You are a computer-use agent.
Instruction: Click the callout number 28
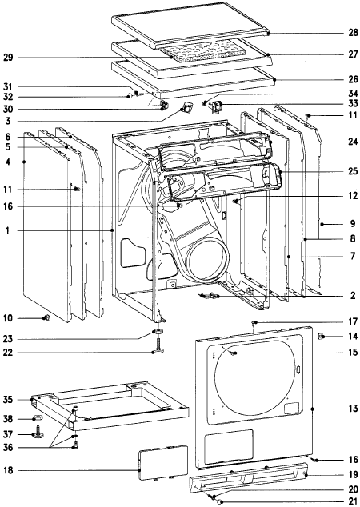click(353, 32)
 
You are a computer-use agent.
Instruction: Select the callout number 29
click(8, 58)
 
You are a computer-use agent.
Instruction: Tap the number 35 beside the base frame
click(8, 400)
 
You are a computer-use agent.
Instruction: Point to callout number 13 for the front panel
click(353, 408)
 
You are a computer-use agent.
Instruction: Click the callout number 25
click(353, 171)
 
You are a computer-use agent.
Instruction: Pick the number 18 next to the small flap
click(8, 470)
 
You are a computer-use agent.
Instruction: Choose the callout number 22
click(8, 353)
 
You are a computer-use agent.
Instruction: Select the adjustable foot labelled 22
click(158, 347)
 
